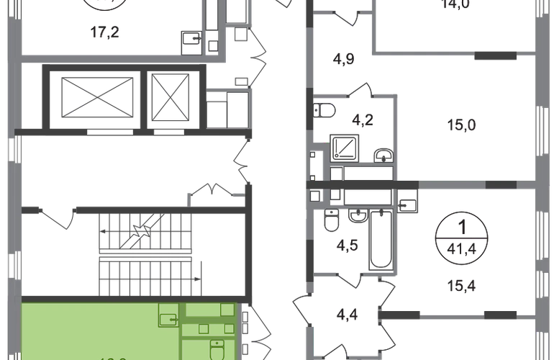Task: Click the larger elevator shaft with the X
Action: (96, 97)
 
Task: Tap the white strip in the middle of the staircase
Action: (145, 255)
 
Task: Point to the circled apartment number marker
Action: (464, 236)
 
